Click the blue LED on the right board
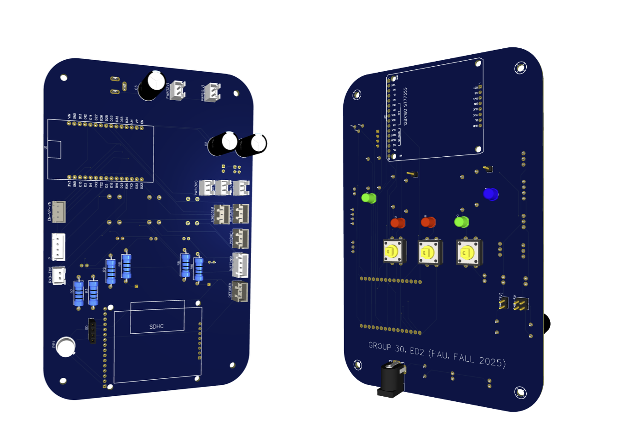(x=491, y=194)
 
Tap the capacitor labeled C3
(x=151, y=86)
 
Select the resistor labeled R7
(x=79, y=293)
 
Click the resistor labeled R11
(x=126, y=265)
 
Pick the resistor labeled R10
(x=198, y=269)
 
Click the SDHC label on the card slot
(x=156, y=326)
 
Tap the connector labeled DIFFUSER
(x=240, y=291)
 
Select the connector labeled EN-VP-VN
(x=59, y=211)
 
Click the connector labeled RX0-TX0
(x=58, y=276)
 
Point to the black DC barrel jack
(x=391, y=379)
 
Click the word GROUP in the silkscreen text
(x=379, y=346)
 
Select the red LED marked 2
(x=398, y=223)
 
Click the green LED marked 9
(x=461, y=222)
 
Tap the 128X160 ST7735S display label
(x=405, y=107)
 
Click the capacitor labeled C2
(x=223, y=144)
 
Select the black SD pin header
(x=92, y=331)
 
